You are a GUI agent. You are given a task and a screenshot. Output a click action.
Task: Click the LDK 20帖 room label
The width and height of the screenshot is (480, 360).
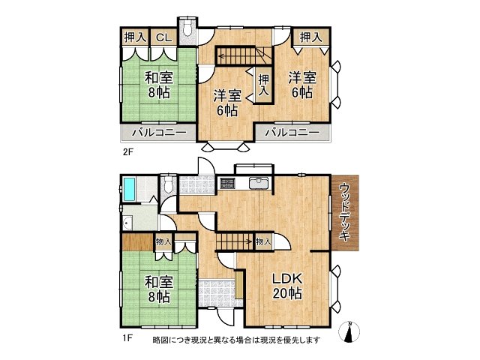287,286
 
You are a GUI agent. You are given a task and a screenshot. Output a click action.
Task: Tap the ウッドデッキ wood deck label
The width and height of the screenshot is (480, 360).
345,212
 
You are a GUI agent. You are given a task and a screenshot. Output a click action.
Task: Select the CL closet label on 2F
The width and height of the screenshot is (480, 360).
163,37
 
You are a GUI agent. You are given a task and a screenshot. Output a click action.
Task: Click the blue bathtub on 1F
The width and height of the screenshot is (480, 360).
130,189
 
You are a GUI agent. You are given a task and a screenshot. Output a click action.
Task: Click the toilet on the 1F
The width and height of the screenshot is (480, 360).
169,184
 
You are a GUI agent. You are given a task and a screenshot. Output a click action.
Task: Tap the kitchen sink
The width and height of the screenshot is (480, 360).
259,183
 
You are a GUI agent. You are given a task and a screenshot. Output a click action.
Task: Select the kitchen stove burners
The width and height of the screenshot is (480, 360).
227,183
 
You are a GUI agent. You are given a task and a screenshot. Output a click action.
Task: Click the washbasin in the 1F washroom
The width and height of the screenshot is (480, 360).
127,222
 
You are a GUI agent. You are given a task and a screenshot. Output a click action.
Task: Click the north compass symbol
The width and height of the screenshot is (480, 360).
349,331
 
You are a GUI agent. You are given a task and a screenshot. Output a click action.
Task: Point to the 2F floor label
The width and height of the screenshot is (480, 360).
128,152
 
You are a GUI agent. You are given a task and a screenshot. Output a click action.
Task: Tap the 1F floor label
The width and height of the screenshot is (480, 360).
127,338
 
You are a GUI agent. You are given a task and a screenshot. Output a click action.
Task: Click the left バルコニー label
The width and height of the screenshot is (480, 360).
159,133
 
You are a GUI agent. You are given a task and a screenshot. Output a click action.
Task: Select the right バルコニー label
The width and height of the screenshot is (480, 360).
292,133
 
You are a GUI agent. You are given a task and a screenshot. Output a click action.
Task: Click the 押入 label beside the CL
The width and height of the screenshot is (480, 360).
135,37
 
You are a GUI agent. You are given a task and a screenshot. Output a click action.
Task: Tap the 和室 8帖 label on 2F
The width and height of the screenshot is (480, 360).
159,85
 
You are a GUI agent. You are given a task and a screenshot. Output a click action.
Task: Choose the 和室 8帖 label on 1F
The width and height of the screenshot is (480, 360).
159,289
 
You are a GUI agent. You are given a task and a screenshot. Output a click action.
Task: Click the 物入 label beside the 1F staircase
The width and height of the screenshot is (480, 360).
263,241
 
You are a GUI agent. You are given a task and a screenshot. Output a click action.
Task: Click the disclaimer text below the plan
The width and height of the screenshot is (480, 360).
237,340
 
